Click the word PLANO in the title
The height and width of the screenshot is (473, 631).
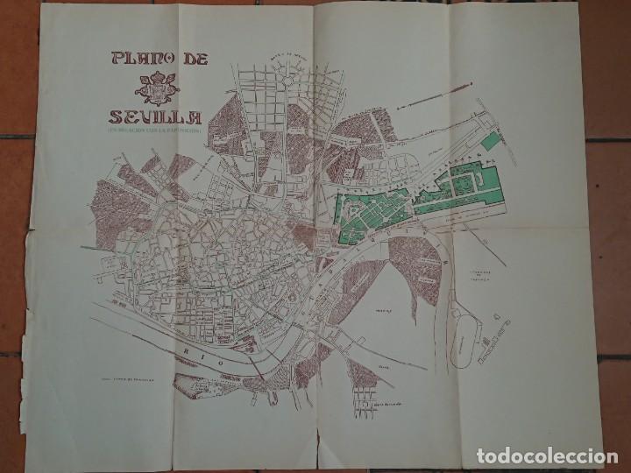(139, 60)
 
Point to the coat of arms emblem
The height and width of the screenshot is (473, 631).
(158, 88)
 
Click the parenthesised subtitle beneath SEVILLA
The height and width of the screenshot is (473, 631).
(156, 131)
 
